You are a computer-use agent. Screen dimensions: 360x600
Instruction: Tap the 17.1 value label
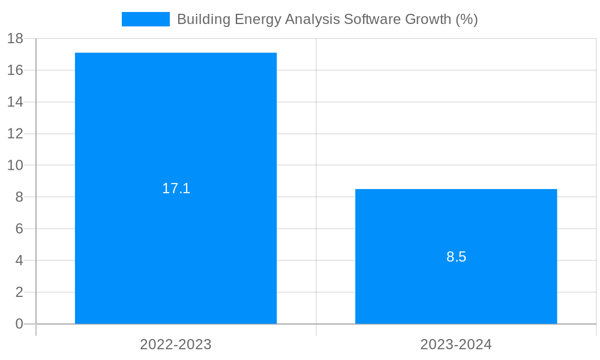click(x=176, y=188)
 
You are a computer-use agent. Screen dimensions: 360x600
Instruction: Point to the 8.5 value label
click(x=456, y=257)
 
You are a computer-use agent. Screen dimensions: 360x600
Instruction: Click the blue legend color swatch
click(x=145, y=19)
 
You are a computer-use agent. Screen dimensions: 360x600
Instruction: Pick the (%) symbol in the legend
click(x=466, y=19)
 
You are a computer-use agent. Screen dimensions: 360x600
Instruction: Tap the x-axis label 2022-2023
click(x=176, y=344)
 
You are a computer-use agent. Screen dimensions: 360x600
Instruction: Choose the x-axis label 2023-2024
click(x=456, y=344)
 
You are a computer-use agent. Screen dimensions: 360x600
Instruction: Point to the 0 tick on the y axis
click(x=19, y=324)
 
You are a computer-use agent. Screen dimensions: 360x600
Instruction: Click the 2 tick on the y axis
click(x=19, y=292)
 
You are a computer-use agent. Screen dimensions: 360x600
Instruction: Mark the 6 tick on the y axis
click(x=19, y=229)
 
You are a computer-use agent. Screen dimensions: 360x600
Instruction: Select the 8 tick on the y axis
click(x=19, y=197)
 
